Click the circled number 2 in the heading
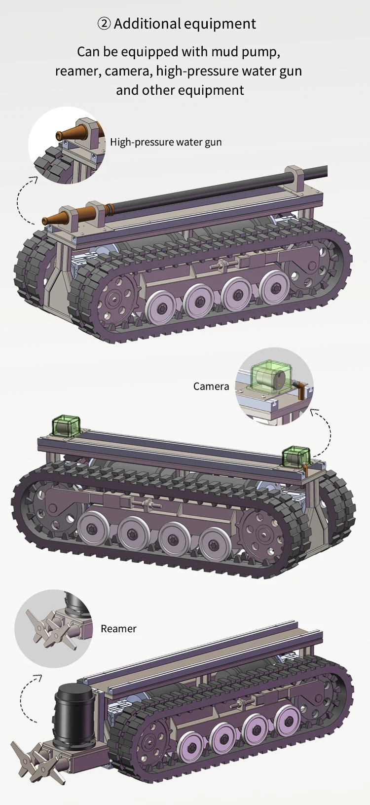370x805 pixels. [x=104, y=24]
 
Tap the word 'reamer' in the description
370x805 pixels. [x=77, y=71]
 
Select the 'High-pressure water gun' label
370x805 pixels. [x=166, y=142]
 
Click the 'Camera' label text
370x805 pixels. [x=211, y=386]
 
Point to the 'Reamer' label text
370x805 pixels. [x=118, y=628]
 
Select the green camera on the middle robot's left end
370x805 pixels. [x=66, y=426]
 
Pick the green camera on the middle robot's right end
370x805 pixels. [x=296, y=456]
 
